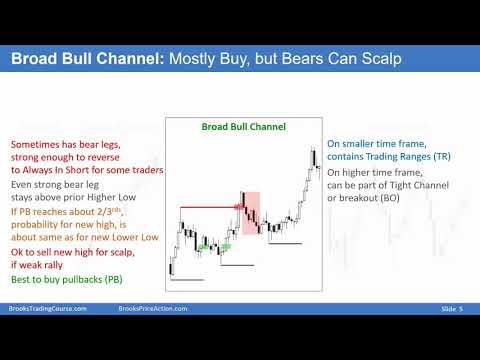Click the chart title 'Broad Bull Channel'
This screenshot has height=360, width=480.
[x=243, y=128]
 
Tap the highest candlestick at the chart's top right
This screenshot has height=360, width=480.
[x=313, y=157]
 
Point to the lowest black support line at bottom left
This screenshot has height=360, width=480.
[x=187, y=280]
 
